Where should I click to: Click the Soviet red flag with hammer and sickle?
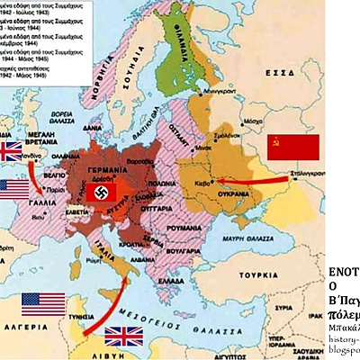[x=293, y=148]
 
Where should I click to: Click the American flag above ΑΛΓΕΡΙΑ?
[x=42, y=304]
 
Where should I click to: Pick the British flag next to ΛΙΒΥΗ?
[x=122, y=337]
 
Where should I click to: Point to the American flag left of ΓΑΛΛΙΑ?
[x=14, y=189]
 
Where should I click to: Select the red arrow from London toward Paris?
[x=37, y=177]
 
